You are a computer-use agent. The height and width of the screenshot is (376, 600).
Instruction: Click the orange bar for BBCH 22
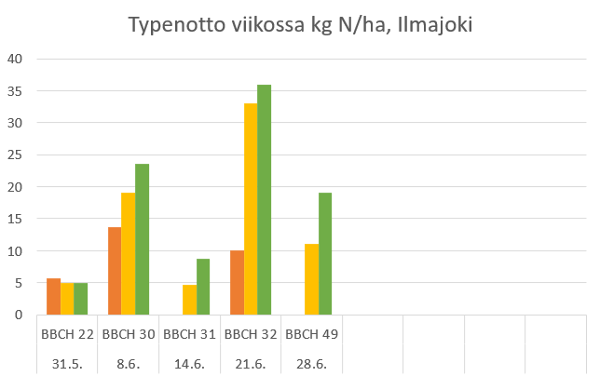point(53,297)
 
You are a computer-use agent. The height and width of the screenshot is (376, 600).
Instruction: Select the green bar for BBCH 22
point(81,299)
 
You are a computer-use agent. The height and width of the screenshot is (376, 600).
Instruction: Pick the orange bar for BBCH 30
point(115,271)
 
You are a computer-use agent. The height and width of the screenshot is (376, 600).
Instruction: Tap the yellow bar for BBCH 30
point(129,254)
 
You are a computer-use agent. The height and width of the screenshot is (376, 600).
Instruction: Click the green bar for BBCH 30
point(143,239)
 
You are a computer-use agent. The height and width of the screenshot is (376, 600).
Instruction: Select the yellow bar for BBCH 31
point(189,300)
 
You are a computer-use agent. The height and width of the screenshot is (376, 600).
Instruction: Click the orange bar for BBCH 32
point(237,283)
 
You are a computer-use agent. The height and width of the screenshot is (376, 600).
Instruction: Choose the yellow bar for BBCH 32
point(251,209)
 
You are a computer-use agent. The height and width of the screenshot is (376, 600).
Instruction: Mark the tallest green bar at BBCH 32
point(265,200)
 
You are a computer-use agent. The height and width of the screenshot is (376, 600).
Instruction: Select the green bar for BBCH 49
point(325,254)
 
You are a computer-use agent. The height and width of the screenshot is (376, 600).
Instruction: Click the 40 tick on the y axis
point(15,59)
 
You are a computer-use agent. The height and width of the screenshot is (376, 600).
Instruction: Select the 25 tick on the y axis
point(15,154)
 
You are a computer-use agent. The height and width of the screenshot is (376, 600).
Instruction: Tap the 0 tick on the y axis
point(19,316)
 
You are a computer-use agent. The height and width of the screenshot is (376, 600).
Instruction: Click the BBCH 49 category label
point(312,332)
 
